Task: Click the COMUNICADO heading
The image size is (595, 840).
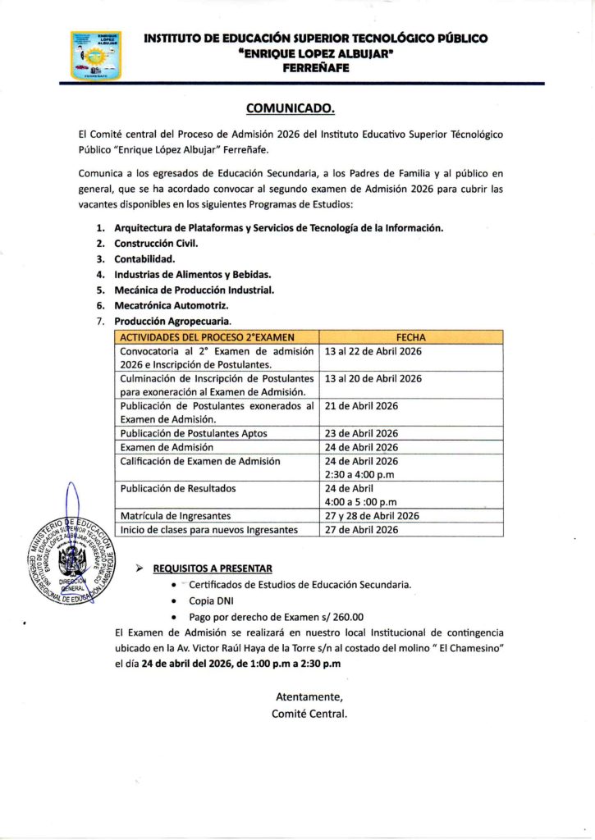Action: click(291, 109)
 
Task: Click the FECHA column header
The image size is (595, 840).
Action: click(410, 336)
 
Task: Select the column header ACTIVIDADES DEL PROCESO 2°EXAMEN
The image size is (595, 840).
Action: click(207, 336)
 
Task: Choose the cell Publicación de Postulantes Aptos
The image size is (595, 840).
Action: click(194, 433)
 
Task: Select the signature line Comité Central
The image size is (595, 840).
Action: click(309, 713)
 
